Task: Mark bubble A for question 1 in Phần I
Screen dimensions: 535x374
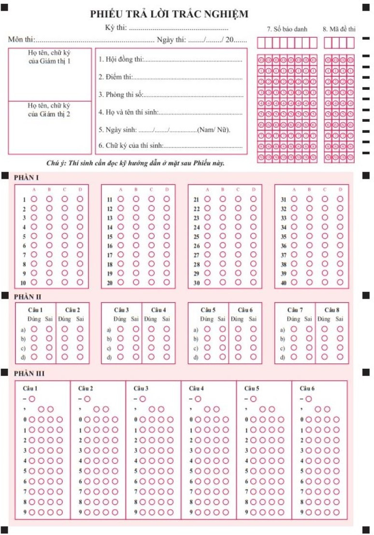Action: point(34,199)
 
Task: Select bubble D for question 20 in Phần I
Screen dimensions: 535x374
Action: point(166,283)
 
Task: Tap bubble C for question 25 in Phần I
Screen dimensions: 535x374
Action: point(238,236)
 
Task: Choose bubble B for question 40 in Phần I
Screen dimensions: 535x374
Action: point(309,283)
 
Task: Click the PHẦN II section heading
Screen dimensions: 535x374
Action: point(27,297)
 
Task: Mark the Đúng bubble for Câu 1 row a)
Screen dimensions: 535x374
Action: point(34,329)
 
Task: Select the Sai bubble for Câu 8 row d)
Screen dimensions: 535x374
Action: point(340,357)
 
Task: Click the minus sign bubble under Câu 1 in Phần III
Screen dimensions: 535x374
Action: point(32,399)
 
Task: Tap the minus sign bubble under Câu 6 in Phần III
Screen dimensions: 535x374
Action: point(308,399)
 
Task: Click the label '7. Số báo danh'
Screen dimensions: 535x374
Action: point(287,29)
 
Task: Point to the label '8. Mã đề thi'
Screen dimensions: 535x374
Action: point(339,29)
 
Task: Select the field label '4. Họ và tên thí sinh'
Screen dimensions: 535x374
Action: point(128,113)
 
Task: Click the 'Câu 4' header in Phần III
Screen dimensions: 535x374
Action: point(197,388)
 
